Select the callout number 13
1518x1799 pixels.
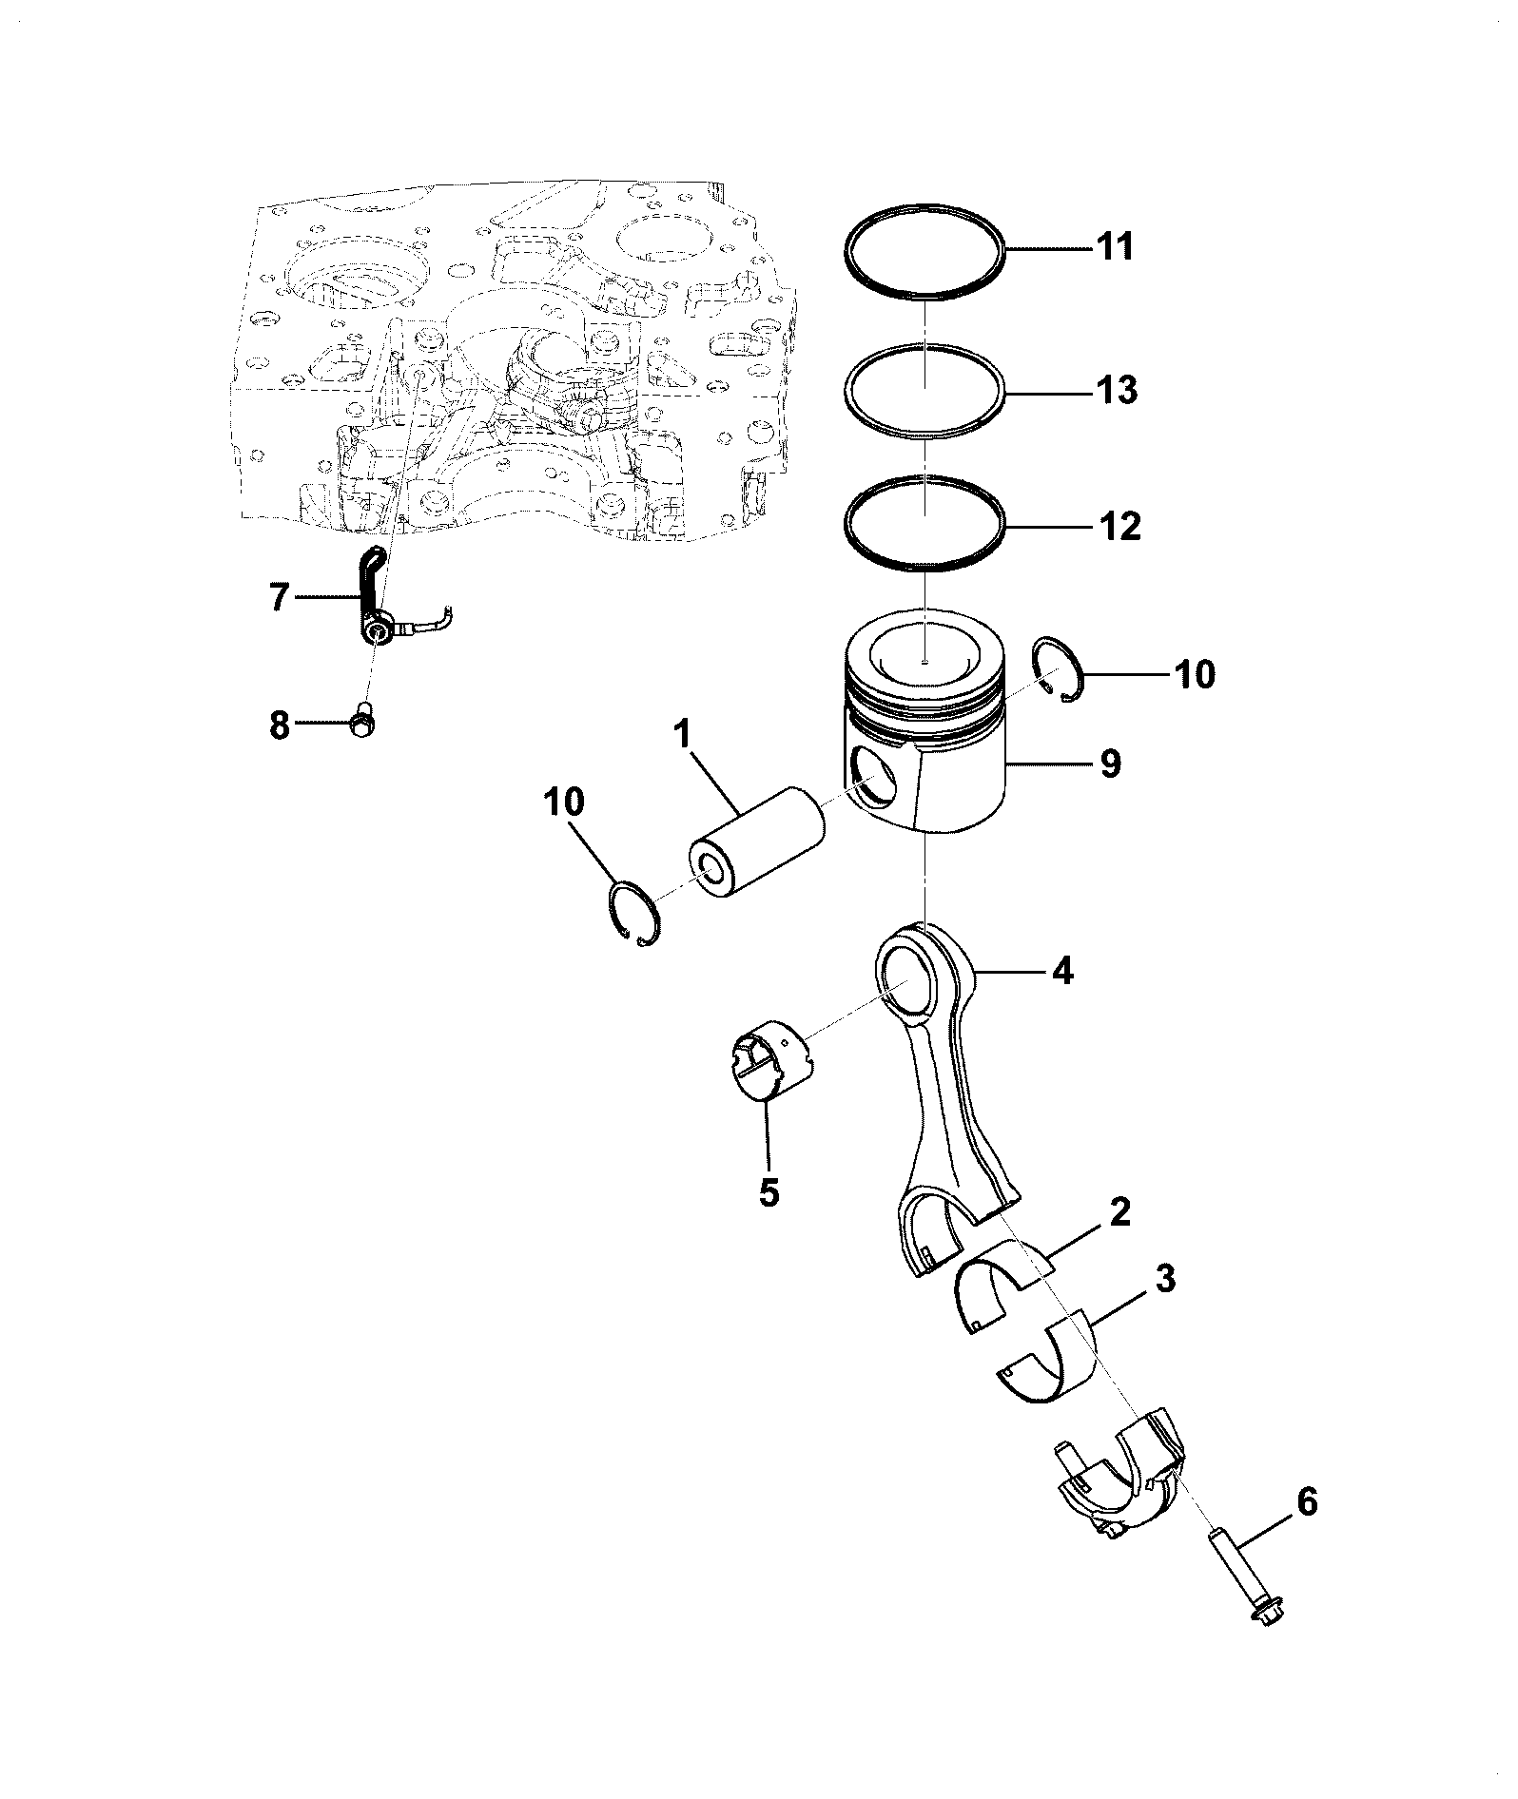(x=1117, y=390)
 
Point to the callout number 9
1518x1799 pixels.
(x=1111, y=763)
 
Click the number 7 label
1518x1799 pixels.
(x=279, y=598)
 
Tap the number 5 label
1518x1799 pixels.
(x=769, y=1191)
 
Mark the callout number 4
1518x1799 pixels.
(x=1061, y=972)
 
